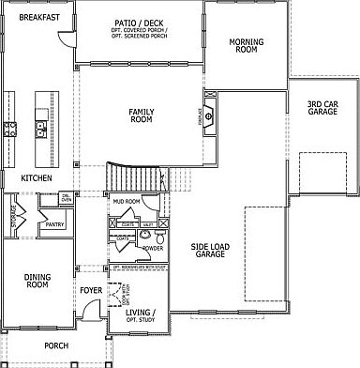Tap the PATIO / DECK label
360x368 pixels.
pos(139,21)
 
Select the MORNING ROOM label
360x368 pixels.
pos(246,46)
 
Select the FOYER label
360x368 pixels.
pos(91,291)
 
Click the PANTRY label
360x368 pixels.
pos(53,224)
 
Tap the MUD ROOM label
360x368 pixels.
pos(127,201)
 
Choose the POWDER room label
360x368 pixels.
pos(153,249)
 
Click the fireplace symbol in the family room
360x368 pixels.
pos(211,116)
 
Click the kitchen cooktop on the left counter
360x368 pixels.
pos(10,128)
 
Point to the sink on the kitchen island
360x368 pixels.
pos(40,126)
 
